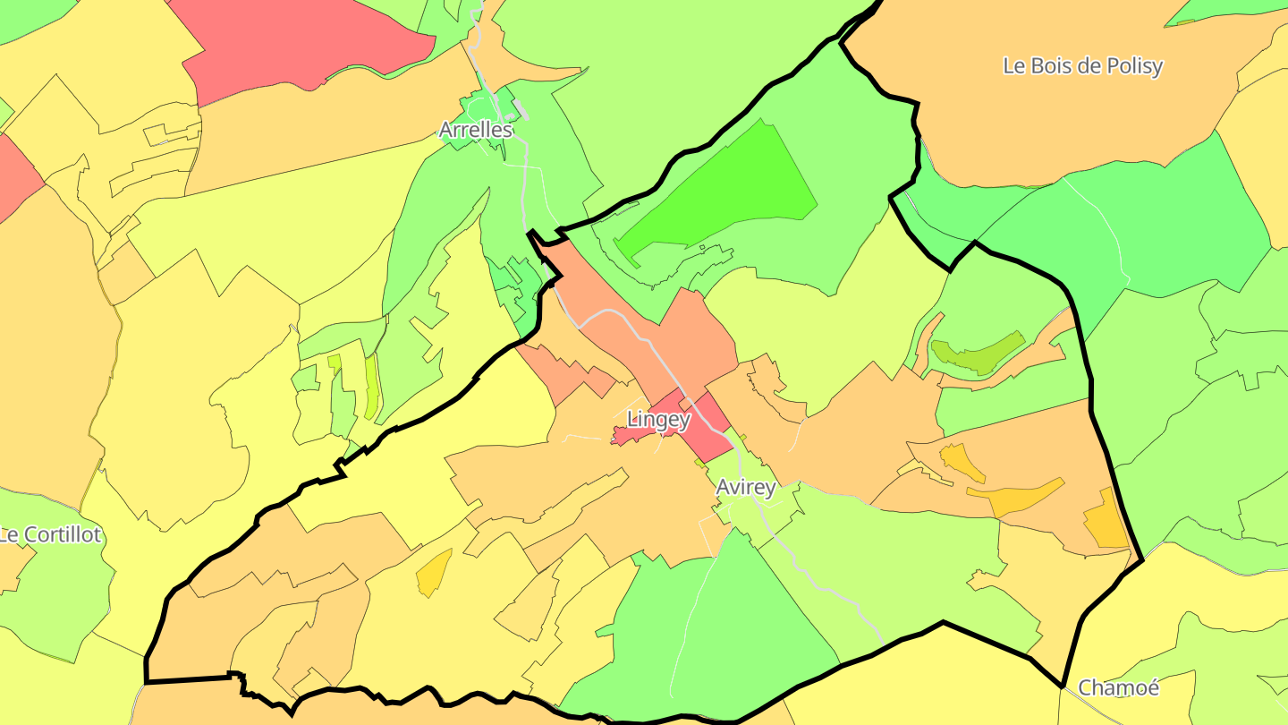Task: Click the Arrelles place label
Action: pyautogui.click(x=476, y=130)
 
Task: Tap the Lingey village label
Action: pyautogui.click(x=658, y=419)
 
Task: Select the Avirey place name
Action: pyautogui.click(x=745, y=488)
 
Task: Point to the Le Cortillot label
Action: pyautogui.click(x=51, y=535)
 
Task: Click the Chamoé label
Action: pyautogui.click(x=1118, y=687)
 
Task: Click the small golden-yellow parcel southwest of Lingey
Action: pyautogui.click(x=434, y=573)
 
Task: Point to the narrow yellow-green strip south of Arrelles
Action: pyautogui.click(x=370, y=387)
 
